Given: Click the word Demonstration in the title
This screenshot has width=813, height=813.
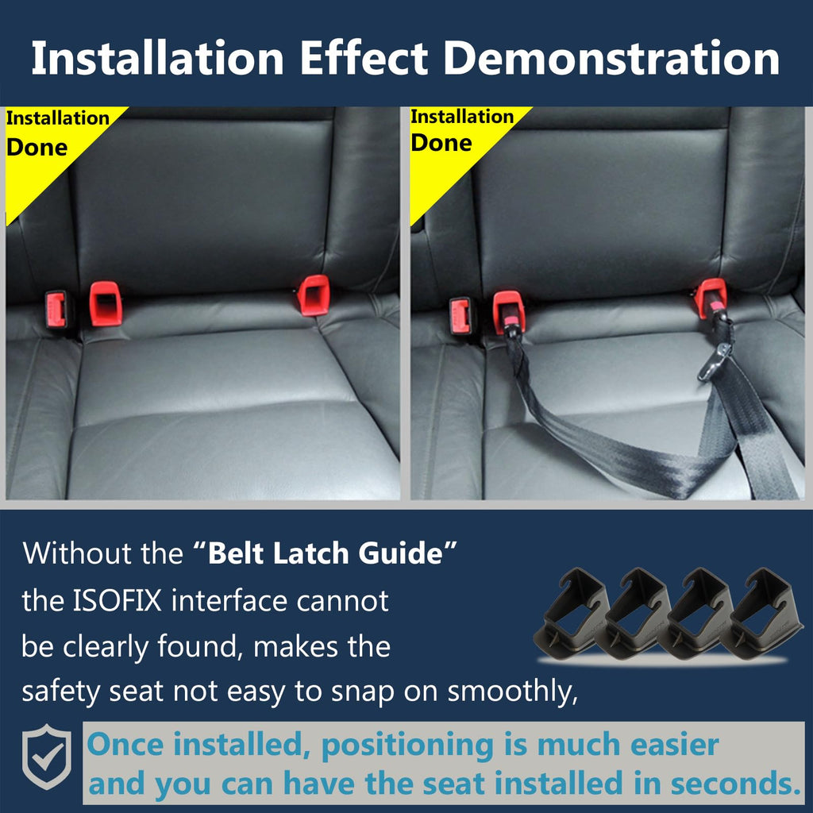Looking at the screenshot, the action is point(612,58).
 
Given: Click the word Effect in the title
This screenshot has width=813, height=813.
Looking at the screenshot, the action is point(364,58).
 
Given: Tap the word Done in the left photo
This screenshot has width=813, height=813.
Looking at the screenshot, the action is point(37,148).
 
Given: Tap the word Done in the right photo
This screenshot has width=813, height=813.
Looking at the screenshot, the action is point(441,143).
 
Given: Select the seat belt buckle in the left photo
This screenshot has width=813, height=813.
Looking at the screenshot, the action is point(56,310).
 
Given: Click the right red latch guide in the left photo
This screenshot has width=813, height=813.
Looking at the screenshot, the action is point(314,295).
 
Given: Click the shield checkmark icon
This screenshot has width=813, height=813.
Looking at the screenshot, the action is point(47,757).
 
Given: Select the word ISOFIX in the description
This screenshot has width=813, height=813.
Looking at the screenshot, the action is point(118,601).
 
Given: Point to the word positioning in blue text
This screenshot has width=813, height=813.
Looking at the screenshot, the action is point(407,746).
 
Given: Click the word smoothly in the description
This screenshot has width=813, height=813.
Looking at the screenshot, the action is point(512,692).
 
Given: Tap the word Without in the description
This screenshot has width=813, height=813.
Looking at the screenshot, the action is point(77,553).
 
